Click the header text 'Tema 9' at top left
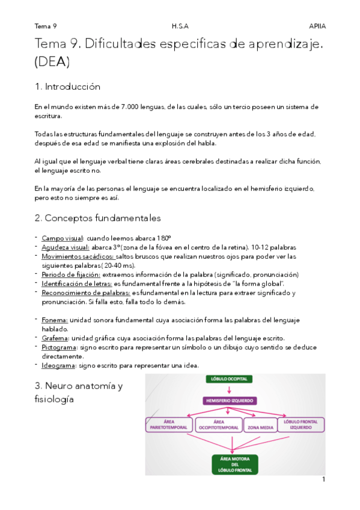46,26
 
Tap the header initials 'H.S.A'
179,26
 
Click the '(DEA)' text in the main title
52,61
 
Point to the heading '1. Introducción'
67,87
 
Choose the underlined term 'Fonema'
55,320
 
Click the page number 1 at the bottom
323,479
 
